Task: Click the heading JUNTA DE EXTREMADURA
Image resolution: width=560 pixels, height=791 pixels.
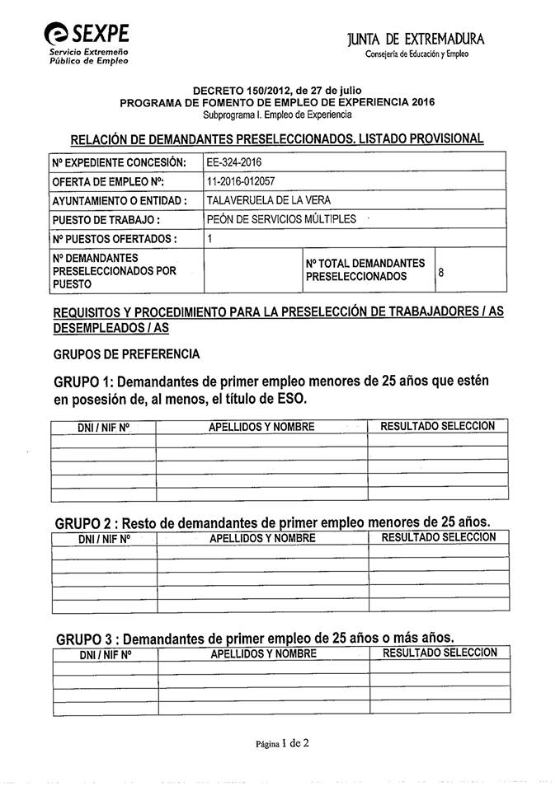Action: click(416, 40)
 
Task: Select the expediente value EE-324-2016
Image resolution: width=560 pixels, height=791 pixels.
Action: click(235, 162)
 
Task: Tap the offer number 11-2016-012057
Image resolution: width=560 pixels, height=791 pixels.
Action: click(245, 181)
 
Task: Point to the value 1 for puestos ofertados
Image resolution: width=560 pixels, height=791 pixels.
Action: click(210, 238)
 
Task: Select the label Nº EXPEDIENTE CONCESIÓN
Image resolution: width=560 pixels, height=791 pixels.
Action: click(119, 163)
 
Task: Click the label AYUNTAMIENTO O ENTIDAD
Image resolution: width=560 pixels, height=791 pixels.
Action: click(119, 201)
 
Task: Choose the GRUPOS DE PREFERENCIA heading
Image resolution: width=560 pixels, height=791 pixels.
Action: click(126, 354)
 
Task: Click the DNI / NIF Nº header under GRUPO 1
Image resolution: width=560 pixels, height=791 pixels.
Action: click(104, 427)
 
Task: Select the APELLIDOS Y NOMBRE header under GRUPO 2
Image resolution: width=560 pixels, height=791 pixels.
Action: click(262, 538)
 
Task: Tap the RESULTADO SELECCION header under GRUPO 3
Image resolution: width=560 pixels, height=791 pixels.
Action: click(440, 653)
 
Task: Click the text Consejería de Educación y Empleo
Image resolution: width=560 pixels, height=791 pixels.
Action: click(416, 54)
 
